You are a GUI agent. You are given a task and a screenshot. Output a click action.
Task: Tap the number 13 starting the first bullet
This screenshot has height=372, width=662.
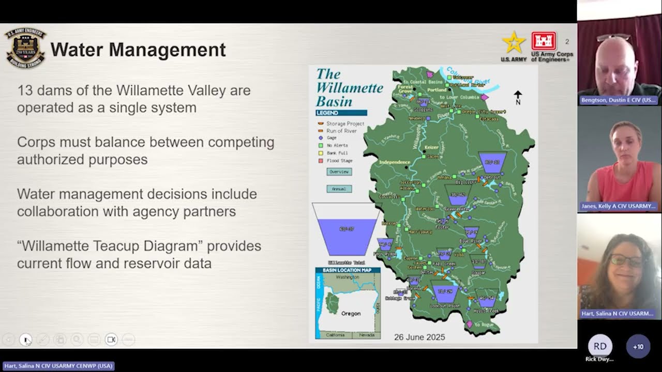pos(25,91)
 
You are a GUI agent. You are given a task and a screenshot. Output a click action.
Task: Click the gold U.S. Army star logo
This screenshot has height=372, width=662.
pos(513,42)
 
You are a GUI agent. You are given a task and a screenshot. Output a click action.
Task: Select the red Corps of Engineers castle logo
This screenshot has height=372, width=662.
pos(544,41)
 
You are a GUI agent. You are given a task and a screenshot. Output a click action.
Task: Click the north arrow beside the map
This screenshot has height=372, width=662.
pos(518,97)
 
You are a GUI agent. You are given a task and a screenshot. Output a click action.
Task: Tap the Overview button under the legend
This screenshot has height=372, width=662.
pos(339,172)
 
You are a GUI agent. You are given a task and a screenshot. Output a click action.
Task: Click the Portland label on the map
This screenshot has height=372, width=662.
pos(437,90)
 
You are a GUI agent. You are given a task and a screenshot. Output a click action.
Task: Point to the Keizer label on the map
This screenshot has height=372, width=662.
pos(431,147)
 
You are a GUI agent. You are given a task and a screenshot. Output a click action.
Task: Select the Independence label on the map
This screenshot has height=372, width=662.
pos(395,162)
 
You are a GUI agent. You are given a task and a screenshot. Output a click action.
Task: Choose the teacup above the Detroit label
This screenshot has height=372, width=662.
pos(492,162)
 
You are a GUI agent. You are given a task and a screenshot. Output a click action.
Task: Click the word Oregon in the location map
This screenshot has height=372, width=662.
pos(351,314)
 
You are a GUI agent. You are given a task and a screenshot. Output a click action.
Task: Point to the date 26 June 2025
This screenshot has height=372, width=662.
pos(419,337)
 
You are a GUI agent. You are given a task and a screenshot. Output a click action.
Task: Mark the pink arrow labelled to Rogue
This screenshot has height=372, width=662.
pos(470,324)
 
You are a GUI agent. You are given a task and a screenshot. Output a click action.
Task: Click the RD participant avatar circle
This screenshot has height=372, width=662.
pos(600,346)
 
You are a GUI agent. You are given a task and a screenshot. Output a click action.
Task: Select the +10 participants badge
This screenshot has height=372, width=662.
pos(638,347)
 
